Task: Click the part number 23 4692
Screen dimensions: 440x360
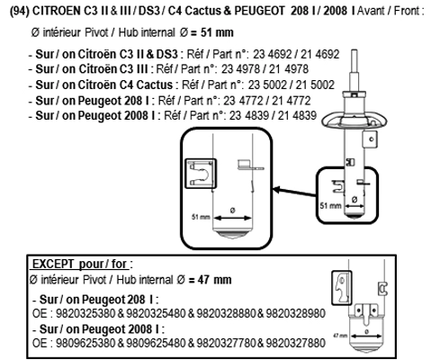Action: [x=273, y=54]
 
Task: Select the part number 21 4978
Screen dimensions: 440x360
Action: [x=289, y=69]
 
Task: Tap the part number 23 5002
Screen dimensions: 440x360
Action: [x=267, y=85]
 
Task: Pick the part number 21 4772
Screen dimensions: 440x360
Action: [x=291, y=101]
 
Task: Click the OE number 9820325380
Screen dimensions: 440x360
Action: [x=85, y=313]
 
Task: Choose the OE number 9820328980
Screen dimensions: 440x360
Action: [x=295, y=313]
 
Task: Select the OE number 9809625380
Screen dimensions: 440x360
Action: [x=85, y=343]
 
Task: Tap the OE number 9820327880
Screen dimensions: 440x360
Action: [x=295, y=343]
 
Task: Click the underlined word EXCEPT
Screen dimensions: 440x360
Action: [x=53, y=264]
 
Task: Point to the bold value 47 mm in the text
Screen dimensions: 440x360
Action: [x=215, y=280]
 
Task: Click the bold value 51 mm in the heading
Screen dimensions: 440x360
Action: [x=217, y=32]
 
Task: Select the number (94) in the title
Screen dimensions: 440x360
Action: [x=20, y=11]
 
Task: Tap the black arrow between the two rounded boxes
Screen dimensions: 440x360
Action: [x=294, y=193]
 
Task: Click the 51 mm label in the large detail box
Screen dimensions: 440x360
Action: [x=201, y=217]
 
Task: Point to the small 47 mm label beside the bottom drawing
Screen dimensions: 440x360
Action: [x=340, y=336]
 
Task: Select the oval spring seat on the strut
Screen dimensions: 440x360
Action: [x=355, y=121]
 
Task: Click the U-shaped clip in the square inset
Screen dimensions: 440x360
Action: [x=201, y=174]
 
